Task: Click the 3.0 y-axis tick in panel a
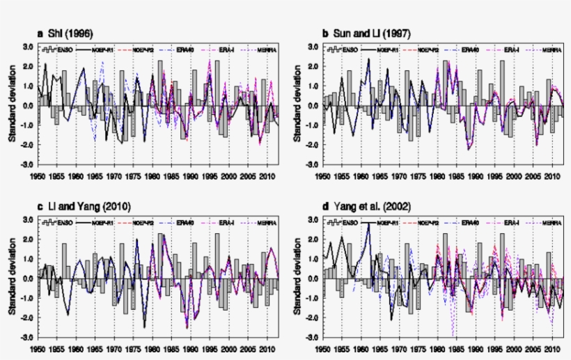coord(28,47)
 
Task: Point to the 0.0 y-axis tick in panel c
coord(28,279)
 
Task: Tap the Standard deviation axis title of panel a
coord(12,106)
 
